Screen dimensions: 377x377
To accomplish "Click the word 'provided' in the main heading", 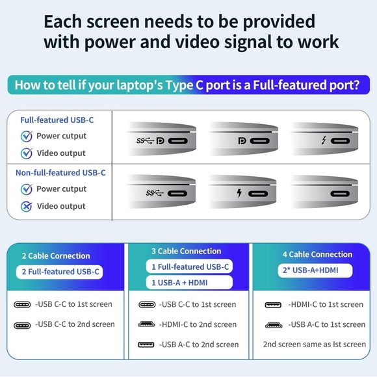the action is (x=279, y=22).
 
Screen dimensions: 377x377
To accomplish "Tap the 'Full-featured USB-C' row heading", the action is (x=57, y=120).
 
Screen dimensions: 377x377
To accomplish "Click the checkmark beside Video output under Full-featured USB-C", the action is (x=27, y=153).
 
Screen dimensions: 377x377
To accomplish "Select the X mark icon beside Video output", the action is (x=27, y=206).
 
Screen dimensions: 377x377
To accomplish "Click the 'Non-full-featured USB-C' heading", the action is (x=60, y=173).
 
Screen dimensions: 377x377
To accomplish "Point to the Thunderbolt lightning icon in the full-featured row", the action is (x=324, y=140).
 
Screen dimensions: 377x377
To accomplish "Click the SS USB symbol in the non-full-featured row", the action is (x=155, y=193).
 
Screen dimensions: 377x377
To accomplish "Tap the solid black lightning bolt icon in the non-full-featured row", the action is (x=239, y=193).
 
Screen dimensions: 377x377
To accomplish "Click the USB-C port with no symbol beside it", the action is (x=340, y=194).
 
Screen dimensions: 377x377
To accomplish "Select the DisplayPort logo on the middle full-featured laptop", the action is (x=242, y=140).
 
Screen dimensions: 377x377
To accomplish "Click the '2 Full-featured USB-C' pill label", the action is (x=59, y=272).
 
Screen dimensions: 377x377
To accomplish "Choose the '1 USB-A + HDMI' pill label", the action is (x=189, y=283).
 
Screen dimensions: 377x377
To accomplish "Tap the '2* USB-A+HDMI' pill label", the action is (x=315, y=270).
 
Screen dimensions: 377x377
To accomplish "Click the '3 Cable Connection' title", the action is (x=187, y=251).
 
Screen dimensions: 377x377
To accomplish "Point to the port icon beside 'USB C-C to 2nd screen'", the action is (x=22, y=326).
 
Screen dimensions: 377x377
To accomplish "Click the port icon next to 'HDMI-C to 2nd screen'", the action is (x=146, y=324).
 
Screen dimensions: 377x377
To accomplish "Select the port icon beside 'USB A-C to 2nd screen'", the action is (x=146, y=344).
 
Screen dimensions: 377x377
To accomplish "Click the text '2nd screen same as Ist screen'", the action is (x=314, y=344).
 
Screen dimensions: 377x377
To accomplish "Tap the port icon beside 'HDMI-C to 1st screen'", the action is (x=273, y=305).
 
